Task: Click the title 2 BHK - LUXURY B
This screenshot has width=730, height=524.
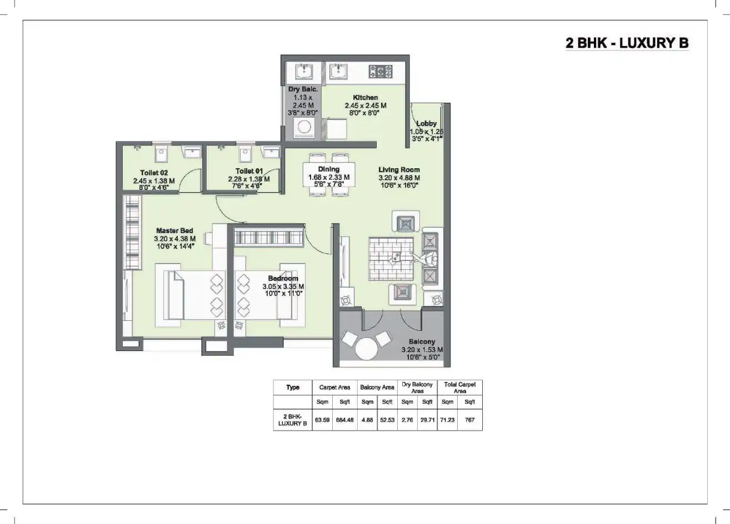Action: [627, 43]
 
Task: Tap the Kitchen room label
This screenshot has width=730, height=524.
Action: [365, 97]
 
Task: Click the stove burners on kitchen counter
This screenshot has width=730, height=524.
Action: [381, 71]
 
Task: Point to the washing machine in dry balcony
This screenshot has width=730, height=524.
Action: [304, 128]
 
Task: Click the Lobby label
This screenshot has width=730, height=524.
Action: [426, 123]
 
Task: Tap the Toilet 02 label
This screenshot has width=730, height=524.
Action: [154, 173]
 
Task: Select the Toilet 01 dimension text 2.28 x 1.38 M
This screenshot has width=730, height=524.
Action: [248, 179]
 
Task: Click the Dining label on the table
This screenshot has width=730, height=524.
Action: [328, 169]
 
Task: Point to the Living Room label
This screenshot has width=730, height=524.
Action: [399, 170]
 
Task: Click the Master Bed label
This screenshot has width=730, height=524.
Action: [174, 230]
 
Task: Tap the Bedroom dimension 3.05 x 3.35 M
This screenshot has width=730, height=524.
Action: [283, 286]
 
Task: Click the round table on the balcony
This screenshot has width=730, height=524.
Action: [366, 350]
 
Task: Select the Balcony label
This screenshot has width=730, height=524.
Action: [422, 342]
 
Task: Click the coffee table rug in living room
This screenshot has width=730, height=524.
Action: [391, 259]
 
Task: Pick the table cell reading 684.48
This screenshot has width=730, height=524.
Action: [344, 420]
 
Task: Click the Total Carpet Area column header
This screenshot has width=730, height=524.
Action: [459, 387]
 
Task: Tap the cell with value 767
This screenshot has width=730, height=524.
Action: [470, 420]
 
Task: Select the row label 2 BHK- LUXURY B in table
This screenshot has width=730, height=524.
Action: [292, 420]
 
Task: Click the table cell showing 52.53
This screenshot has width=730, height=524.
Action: [387, 420]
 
